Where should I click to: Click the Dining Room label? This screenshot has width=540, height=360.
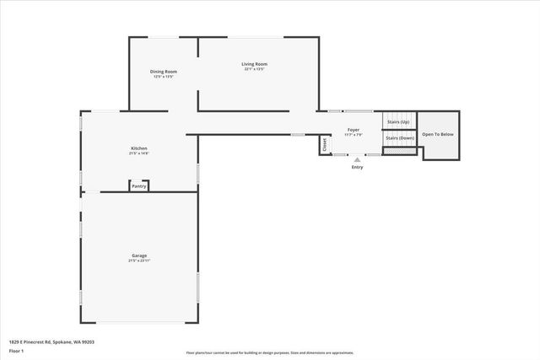pyautogui.click(x=163, y=72)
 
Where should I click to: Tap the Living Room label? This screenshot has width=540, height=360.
pyautogui.click(x=256, y=64)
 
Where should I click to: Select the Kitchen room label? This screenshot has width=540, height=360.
pyautogui.click(x=138, y=148)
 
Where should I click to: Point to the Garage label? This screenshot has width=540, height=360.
pyautogui.click(x=139, y=255)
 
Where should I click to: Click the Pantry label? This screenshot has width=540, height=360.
pyautogui.click(x=139, y=186)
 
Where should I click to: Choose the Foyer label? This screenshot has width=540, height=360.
pyautogui.click(x=354, y=130)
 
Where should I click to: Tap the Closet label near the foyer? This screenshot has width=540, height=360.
pyautogui.click(x=324, y=145)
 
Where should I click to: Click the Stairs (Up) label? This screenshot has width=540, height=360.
pyautogui.click(x=398, y=122)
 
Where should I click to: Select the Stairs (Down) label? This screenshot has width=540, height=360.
pyautogui.click(x=400, y=137)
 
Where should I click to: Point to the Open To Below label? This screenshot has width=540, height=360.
pyautogui.click(x=438, y=134)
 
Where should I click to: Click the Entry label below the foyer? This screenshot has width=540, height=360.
pyautogui.click(x=358, y=167)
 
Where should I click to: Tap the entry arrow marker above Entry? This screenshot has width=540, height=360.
pyautogui.click(x=358, y=159)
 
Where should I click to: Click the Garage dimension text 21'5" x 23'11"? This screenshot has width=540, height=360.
pyautogui.click(x=139, y=261)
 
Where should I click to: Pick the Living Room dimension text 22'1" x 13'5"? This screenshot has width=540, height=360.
pyautogui.click(x=256, y=69)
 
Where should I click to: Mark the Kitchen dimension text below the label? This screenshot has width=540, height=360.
pyautogui.click(x=138, y=153)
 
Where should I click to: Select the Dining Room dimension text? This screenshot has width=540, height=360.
pyautogui.click(x=163, y=77)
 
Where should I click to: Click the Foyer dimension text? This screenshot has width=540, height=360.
pyautogui.click(x=354, y=135)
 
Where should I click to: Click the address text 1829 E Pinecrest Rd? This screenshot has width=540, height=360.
pyautogui.click(x=51, y=341)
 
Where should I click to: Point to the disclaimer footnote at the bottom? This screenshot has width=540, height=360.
pyautogui.click(x=270, y=353)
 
